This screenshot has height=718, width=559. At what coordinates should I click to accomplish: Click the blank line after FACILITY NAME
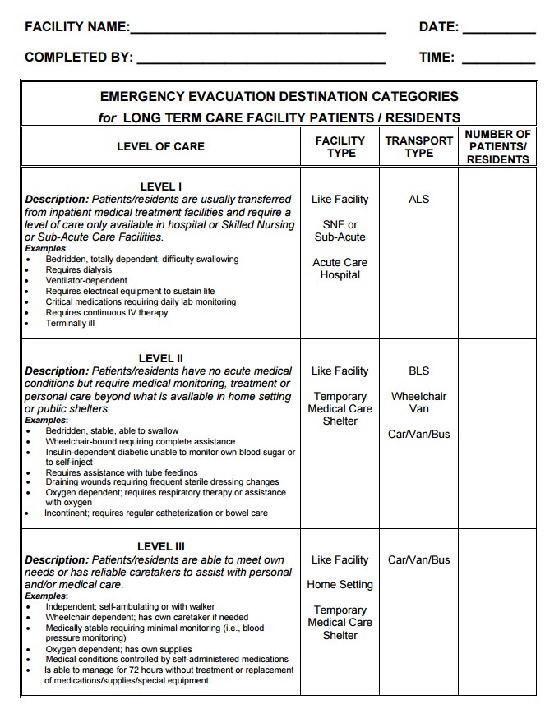(258, 30)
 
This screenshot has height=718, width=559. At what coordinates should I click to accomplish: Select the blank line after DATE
(499, 30)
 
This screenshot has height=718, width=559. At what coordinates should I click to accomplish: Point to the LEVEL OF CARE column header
(160, 146)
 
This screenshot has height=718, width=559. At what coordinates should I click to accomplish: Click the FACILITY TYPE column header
(340, 146)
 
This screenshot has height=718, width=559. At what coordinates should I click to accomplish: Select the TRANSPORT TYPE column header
(418, 146)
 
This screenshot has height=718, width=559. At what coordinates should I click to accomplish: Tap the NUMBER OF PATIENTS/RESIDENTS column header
(497, 146)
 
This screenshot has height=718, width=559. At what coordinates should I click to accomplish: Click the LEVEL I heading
(161, 186)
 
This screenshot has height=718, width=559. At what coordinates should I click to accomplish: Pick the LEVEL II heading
(161, 358)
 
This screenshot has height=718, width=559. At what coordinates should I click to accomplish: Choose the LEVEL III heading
(161, 546)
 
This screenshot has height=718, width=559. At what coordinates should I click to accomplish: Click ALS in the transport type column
(418, 199)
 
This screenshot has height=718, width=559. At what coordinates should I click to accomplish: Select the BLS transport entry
(418, 371)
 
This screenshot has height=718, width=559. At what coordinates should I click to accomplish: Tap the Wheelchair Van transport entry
(418, 403)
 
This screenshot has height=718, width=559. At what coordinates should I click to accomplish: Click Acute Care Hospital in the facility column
(340, 269)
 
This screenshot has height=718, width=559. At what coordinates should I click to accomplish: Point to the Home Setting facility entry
(340, 584)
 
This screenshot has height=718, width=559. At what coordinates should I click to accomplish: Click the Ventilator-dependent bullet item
(86, 280)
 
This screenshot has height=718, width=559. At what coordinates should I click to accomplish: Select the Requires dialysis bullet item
(79, 269)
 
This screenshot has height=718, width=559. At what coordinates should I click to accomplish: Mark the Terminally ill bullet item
(71, 323)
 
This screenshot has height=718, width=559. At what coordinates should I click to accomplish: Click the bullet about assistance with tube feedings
(122, 472)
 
